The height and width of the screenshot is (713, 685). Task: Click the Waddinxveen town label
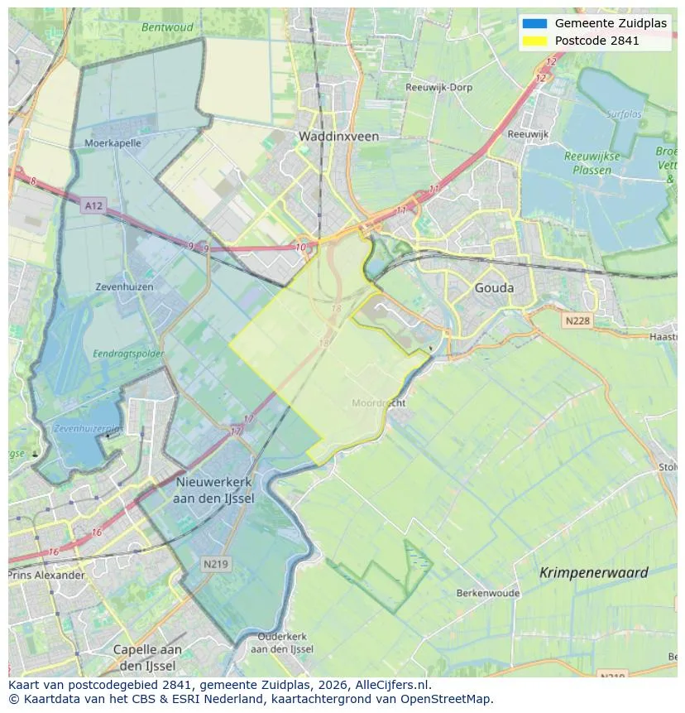click(338, 137)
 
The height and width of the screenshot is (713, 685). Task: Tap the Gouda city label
click(494, 288)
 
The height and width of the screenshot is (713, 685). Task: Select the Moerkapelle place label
click(113, 142)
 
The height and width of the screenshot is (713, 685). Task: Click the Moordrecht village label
click(379, 403)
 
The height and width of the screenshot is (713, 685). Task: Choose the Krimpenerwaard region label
click(593, 572)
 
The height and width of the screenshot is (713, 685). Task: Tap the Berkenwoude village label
click(488, 593)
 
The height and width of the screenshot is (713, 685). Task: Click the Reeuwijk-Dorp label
click(438, 87)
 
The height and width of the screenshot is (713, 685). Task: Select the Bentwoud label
click(167, 27)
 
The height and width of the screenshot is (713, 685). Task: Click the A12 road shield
click(93, 205)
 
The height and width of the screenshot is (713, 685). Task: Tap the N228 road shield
click(578, 320)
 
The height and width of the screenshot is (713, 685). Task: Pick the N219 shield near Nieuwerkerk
click(217, 564)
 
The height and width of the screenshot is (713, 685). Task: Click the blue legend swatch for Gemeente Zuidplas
click(534, 23)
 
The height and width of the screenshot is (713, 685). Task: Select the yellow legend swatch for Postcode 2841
click(534, 41)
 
